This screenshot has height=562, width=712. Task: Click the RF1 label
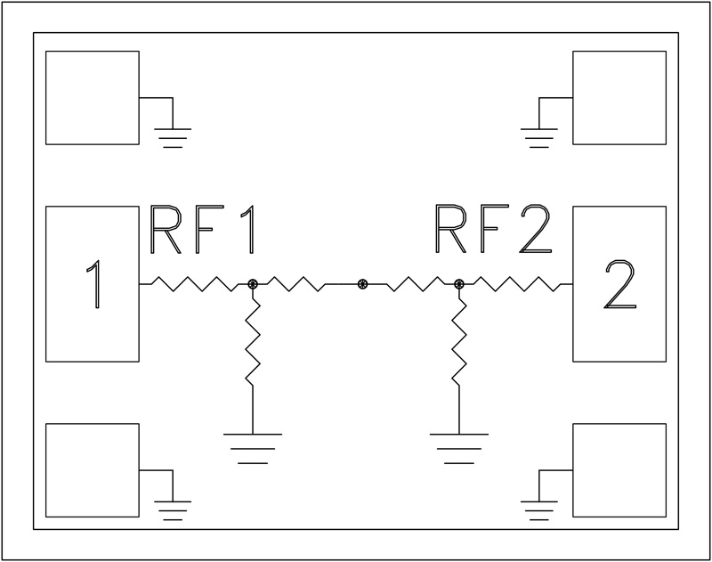(205, 232)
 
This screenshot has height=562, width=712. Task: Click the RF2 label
(492, 232)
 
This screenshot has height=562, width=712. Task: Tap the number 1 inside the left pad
(92, 284)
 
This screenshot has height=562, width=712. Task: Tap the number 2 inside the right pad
(619, 284)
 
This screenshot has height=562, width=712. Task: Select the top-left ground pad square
(93, 97)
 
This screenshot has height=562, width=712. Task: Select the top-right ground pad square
(619, 97)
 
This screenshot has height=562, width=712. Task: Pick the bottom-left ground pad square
(93, 469)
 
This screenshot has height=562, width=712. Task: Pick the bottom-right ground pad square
(619, 469)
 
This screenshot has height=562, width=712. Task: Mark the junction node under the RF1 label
(253, 284)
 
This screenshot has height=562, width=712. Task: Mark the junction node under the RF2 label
(459, 284)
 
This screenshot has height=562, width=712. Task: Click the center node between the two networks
(361, 284)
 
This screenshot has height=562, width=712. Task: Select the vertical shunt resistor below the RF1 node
(253, 344)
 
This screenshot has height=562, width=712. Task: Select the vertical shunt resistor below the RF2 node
(459, 344)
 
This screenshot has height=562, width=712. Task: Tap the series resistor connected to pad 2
(514, 284)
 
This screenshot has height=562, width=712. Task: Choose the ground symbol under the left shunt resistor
(253, 445)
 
